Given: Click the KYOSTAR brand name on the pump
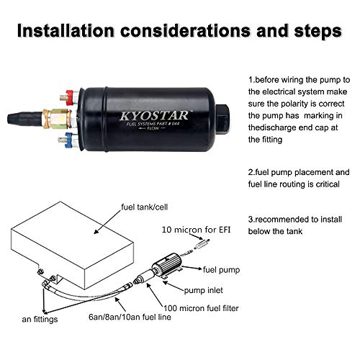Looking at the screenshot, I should [x=148, y=114].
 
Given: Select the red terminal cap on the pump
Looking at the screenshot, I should [x=71, y=94].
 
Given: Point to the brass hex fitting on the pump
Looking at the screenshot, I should [x=53, y=115].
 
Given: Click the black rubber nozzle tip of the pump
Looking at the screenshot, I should [x=27, y=115].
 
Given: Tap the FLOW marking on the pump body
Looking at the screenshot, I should [x=147, y=132].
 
